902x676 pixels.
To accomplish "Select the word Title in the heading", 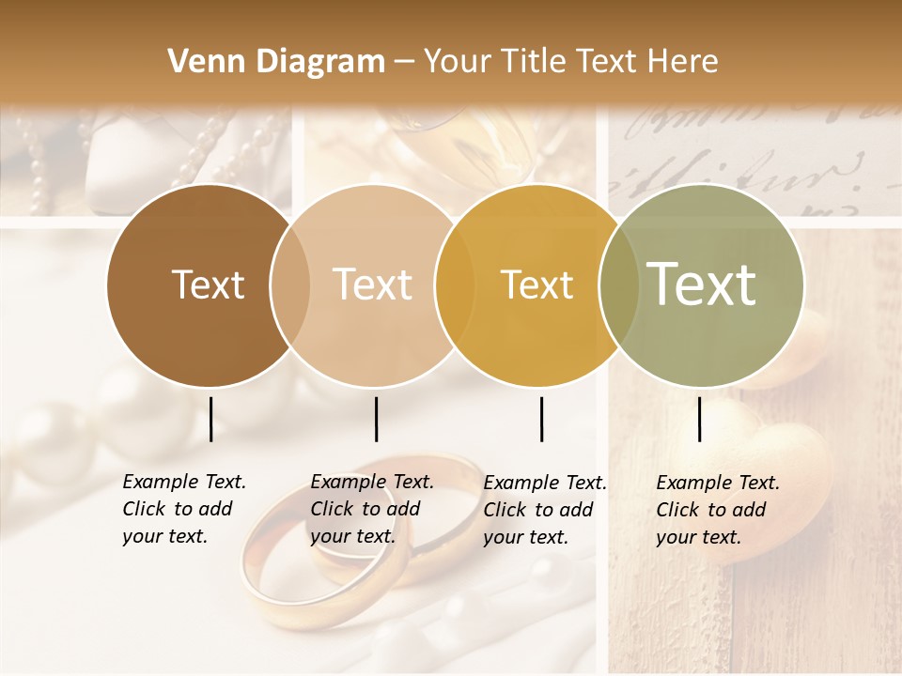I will (535, 62).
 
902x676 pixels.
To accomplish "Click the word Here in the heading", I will (684, 62).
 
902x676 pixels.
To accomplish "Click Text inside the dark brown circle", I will (208, 284).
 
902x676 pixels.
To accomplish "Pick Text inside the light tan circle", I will (373, 284).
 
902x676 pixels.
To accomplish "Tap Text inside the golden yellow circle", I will (537, 284).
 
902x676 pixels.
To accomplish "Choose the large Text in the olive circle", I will (702, 284).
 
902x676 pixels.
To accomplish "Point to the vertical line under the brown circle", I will (210, 419).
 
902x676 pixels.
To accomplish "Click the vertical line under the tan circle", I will (376, 419).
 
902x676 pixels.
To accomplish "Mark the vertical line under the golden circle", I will (541, 419).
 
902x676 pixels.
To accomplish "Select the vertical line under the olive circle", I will (699, 419).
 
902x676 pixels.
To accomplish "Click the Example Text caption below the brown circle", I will (183, 509).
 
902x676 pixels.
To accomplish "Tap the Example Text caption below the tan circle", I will (371, 509).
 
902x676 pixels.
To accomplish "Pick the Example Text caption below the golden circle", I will (544, 510).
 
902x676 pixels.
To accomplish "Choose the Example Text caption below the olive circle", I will (717, 510).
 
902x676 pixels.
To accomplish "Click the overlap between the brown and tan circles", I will (290, 284).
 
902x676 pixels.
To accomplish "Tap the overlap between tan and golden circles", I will (455, 284).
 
